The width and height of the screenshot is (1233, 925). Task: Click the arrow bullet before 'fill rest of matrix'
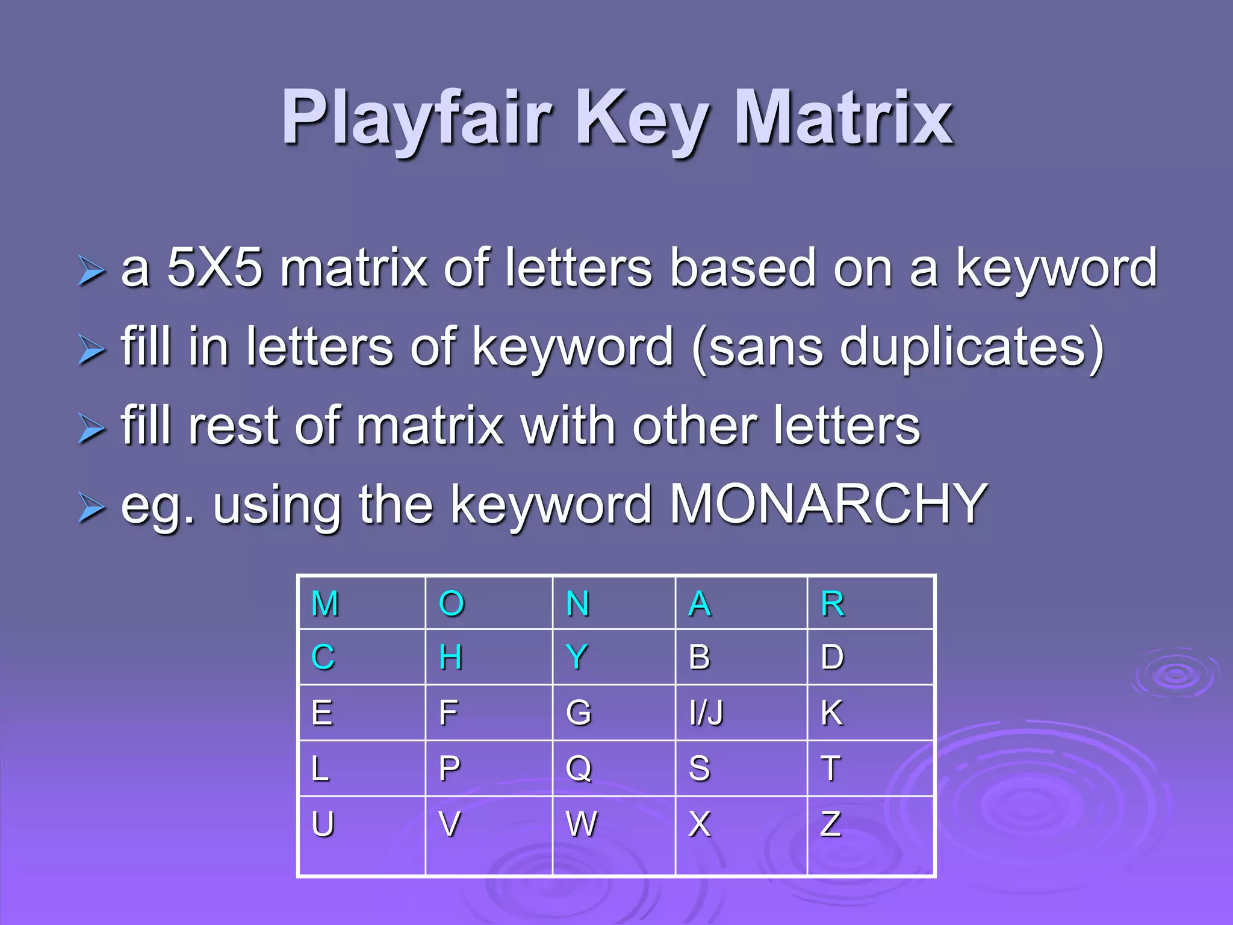pyautogui.click(x=92, y=429)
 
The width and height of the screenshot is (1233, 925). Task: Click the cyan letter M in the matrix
pyautogui.click(x=325, y=603)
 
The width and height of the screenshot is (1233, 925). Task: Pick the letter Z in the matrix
pyautogui.click(x=831, y=824)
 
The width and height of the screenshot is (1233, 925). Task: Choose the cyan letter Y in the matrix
pyautogui.click(x=577, y=656)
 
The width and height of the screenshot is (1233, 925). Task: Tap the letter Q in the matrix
pyautogui.click(x=579, y=768)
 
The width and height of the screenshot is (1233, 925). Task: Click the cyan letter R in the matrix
pyautogui.click(x=833, y=603)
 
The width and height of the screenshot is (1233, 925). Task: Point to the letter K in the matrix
pyautogui.click(x=832, y=713)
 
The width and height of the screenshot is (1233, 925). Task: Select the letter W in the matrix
pyautogui.click(x=582, y=824)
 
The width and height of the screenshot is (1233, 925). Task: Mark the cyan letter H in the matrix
pyautogui.click(x=451, y=656)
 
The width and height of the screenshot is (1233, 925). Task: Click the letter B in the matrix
pyautogui.click(x=700, y=656)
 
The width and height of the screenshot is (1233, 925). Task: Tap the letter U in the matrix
pyautogui.click(x=323, y=824)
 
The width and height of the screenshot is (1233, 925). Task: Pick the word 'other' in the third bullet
pyautogui.click(x=695, y=426)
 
